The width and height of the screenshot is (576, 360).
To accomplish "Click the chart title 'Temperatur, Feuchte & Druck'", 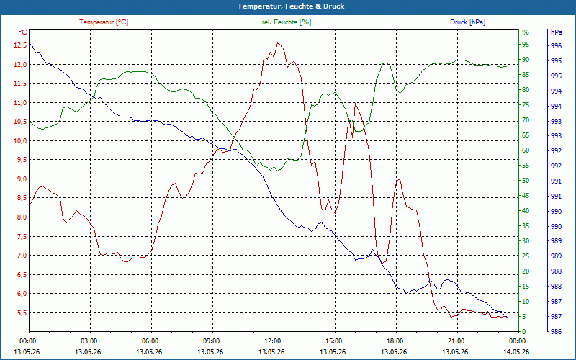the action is (x=291, y=6).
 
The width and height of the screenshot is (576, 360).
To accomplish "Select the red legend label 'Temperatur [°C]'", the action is (x=104, y=22).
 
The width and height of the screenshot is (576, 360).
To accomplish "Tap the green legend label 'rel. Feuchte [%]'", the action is (x=286, y=22).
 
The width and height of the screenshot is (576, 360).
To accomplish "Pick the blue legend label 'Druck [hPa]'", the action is (x=467, y=22).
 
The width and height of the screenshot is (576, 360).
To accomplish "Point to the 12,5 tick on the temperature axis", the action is (x=19, y=45).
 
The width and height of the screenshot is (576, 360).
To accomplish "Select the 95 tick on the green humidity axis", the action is (x=526, y=45).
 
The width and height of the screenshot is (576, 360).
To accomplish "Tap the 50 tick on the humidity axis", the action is (x=526, y=181).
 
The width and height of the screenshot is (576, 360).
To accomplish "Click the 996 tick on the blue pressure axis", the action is (x=556, y=46).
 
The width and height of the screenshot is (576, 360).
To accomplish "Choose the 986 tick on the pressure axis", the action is (x=556, y=332).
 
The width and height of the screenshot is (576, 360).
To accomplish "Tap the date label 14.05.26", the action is (x=516, y=351).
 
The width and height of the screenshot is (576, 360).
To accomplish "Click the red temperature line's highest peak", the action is (x=278, y=43).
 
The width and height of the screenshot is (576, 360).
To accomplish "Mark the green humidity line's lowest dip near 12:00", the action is (x=277, y=171).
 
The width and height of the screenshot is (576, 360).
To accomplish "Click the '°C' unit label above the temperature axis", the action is (x=23, y=32).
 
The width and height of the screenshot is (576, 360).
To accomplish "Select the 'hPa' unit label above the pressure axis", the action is (x=557, y=32).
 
